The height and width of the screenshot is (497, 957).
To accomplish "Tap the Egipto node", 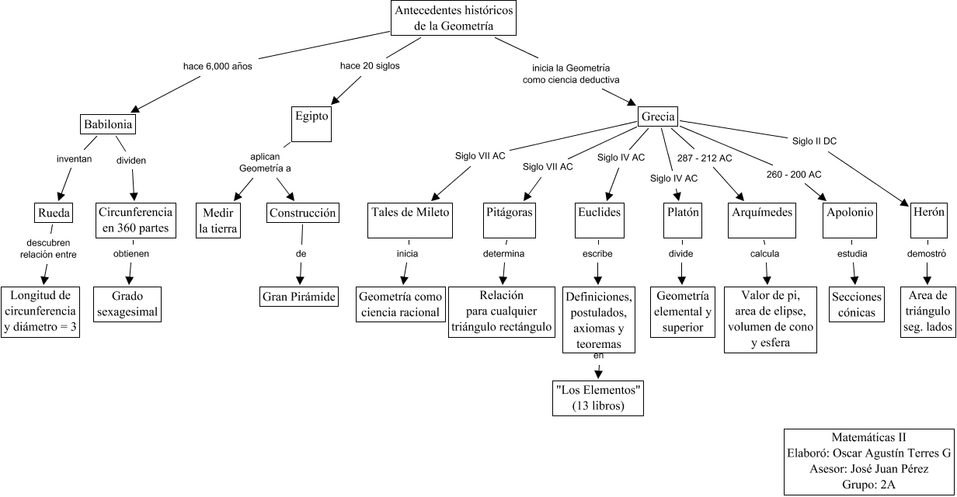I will [311, 116].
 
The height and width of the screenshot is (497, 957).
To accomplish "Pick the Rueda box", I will [54, 213].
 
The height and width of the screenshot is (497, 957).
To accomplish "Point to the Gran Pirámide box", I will [299, 296].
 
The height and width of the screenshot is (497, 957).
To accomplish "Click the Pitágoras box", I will [509, 213].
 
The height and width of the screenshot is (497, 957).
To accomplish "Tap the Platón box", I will [684, 213].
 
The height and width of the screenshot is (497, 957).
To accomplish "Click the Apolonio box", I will [851, 213].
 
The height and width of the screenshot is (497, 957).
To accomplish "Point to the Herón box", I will [928, 213].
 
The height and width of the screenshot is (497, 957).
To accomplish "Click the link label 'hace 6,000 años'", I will [217, 66].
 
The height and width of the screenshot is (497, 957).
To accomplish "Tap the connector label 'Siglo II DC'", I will [814, 141].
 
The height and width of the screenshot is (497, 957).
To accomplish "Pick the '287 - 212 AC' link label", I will [704, 158].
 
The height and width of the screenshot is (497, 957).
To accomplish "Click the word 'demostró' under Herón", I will [927, 254].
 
